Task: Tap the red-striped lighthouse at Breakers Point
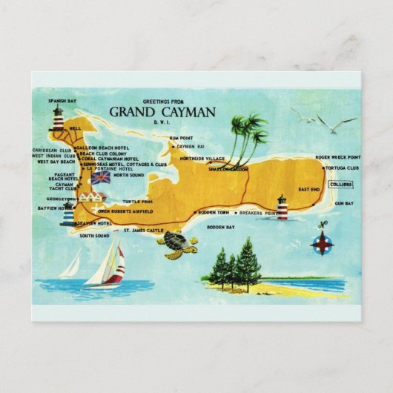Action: (282, 207)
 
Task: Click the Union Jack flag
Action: (100, 177)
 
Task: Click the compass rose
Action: (322, 242)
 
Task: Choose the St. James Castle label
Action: (143, 231)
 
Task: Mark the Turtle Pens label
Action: (138, 202)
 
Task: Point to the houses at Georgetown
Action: (92, 196)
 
